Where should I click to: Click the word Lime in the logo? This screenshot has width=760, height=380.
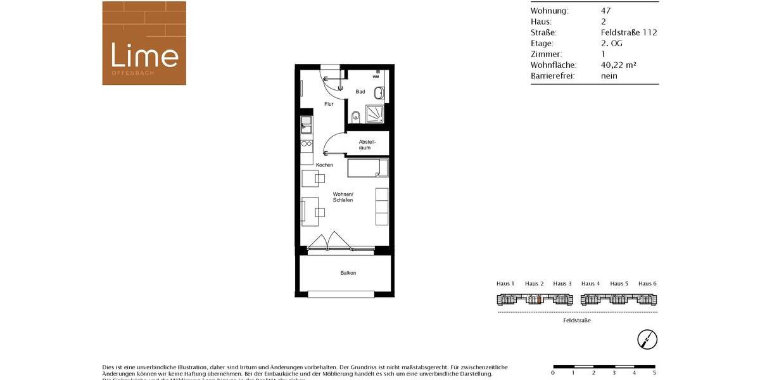144,55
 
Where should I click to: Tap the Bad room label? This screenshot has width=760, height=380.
360,92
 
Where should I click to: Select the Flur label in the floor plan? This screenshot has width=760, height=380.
329,104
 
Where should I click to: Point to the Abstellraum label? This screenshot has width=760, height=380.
365,144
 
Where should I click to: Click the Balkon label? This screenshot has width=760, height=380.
348,273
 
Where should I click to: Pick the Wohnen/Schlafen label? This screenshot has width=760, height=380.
343,197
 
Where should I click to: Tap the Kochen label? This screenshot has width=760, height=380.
324,165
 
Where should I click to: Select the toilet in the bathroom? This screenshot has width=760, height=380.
355,116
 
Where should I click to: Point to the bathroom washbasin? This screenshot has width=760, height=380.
378,94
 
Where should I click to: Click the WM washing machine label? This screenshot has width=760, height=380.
376,77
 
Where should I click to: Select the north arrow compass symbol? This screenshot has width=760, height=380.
647,339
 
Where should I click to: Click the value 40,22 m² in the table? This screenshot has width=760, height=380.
618,65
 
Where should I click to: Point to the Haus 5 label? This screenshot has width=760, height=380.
619,284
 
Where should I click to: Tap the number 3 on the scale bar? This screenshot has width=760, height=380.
614,373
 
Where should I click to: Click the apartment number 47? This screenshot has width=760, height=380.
605,11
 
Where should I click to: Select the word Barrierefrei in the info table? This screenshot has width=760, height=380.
553,76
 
